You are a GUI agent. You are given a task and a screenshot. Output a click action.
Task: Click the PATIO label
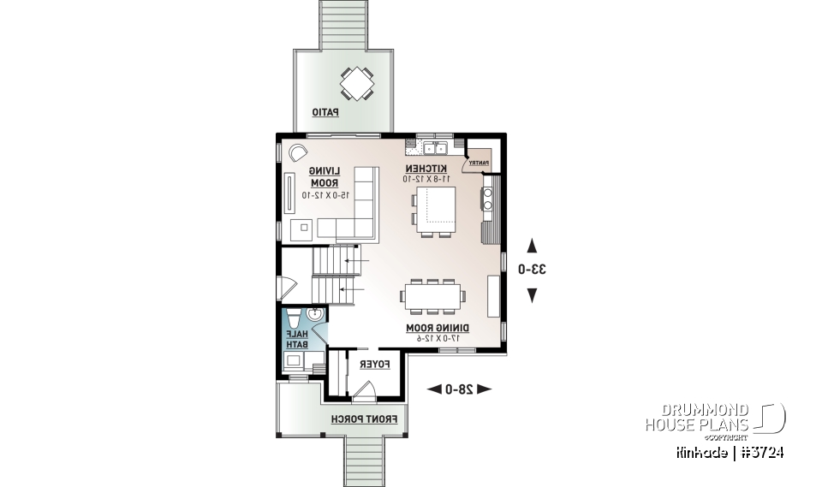coord(325,112)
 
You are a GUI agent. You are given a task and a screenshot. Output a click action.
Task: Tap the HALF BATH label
coord(295,339)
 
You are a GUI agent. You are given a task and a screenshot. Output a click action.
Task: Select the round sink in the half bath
coord(315,315)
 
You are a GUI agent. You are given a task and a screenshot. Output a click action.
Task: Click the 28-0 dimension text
coord(459,389)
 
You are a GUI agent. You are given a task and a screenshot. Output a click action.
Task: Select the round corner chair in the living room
coord(297,152)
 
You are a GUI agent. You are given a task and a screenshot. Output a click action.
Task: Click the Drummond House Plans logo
coord(715,418)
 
